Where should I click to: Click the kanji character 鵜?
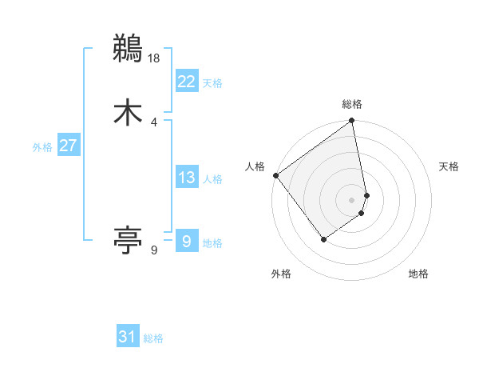pyautogui.click(x=128, y=48)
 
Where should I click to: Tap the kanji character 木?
pyautogui.click(x=128, y=112)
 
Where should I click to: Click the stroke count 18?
pyautogui.click(x=154, y=58)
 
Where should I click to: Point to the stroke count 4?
pyautogui.click(x=154, y=122)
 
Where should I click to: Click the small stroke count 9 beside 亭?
pyautogui.click(x=154, y=250)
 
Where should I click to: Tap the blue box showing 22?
pyautogui.click(x=186, y=82)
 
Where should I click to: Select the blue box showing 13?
pyautogui.click(x=186, y=178)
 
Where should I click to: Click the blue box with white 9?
pyautogui.click(x=186, y=241)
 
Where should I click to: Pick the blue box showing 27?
pyautogui.click(x=68, y=146)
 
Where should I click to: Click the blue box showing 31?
pyautogui.click(x=128, y=337)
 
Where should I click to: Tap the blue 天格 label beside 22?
pyautogui.click(x=212, y=83)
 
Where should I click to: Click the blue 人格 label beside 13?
pyautogui.click(x=212, y=179)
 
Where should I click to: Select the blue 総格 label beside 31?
pyautogui.click(x=153, y=338)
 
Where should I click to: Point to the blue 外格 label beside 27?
pyautogui.click(x=42, y=147)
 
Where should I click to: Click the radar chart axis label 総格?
pyautogui.click(x=352, y=104)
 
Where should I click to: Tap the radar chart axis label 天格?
pyautogui.click(x=449, y=166)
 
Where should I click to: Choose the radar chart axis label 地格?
pyautogui.click(x=418, y=274)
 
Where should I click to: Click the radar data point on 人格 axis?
pyautogui.click(x=275, y=175)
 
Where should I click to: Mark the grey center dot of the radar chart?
pyautogui.click(x=352, y=200)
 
